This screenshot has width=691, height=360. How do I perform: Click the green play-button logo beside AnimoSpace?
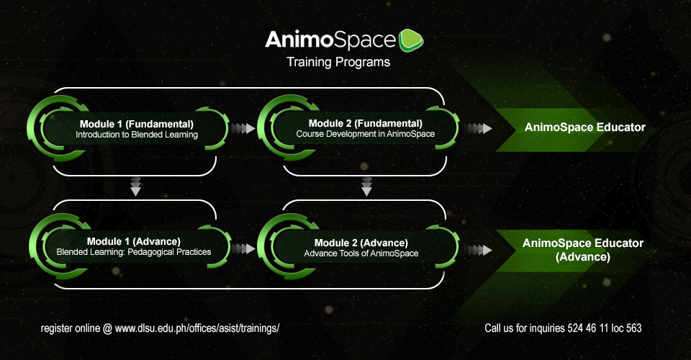click(411, 40)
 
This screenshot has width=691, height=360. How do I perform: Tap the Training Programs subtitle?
click(338, 62)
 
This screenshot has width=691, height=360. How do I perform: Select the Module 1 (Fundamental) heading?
click(137, 125)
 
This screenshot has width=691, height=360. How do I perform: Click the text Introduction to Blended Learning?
click(137, 135)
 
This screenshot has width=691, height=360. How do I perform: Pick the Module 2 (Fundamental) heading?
click(366, 123)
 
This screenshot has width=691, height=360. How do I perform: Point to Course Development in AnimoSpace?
click(366, 134)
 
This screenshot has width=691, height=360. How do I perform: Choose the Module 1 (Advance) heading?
click(134, 241)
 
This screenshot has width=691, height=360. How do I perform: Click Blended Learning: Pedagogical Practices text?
click(134, 252)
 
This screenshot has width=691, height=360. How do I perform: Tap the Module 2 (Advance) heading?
click(361, 243)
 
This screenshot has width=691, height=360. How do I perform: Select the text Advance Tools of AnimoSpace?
click(361, 253)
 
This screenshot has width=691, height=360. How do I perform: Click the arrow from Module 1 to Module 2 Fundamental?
click(243, 128)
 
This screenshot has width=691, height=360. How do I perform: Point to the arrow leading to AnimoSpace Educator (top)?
click(480, 128)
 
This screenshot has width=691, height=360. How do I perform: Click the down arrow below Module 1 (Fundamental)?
click(136, 186)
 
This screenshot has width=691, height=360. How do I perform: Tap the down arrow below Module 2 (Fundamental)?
click(366, 186)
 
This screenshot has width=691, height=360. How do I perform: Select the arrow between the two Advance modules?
click(243, 249)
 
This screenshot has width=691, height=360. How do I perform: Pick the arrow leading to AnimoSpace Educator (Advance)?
click(480, 251)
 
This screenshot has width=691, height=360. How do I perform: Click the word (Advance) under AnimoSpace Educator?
click(583, 257)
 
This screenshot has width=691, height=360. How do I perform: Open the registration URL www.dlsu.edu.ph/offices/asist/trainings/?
click(197, 328)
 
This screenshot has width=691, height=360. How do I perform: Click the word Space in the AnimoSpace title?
click(364, 41)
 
